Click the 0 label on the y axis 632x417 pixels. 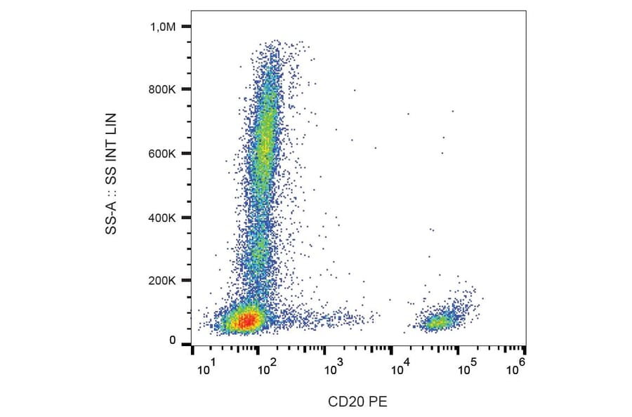(172, 340)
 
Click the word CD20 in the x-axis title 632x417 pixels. (347, 402)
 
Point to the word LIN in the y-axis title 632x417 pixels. (111, 124)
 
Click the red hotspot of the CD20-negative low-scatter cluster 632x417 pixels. (246, 322)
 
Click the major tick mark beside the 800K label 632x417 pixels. (186, 90)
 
